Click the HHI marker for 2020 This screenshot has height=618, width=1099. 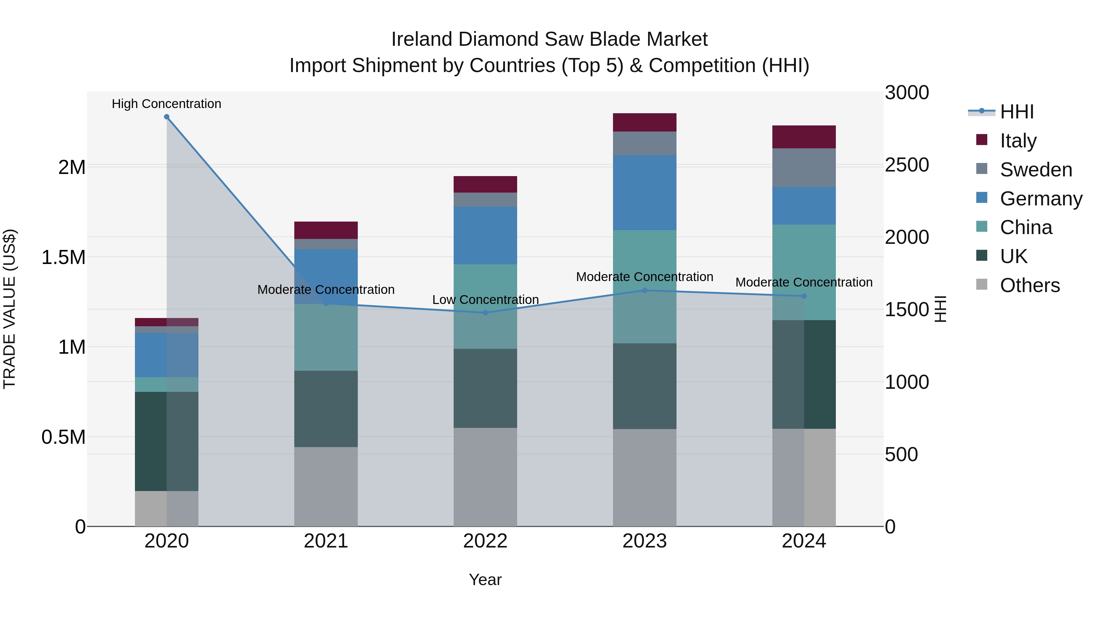(x=167, y=117)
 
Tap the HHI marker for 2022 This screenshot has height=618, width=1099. (x=485, y=313)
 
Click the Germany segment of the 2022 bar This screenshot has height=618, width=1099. (x=485, y=235)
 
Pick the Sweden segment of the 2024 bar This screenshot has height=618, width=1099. (x=804, y=168)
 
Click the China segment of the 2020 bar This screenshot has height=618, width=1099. (x=166, y=384)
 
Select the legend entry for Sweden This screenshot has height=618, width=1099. (x=1036, y=169)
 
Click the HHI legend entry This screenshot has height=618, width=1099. (x=1016, y=112)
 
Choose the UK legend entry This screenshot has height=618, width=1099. (x=1013, y=256)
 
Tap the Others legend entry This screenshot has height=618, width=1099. (x=1029, y=285)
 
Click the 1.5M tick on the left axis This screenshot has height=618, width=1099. (x=63, y=257)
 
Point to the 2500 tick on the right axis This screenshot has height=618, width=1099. (x=907, y=165)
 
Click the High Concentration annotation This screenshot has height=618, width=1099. (x=166, y=104)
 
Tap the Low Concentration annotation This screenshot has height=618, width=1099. (x=485, y=299)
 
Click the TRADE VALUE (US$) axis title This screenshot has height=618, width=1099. (x=9, y=309)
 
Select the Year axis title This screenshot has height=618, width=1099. (x=485, y=580)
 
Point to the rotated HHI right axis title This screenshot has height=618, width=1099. (x=940, y=309)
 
